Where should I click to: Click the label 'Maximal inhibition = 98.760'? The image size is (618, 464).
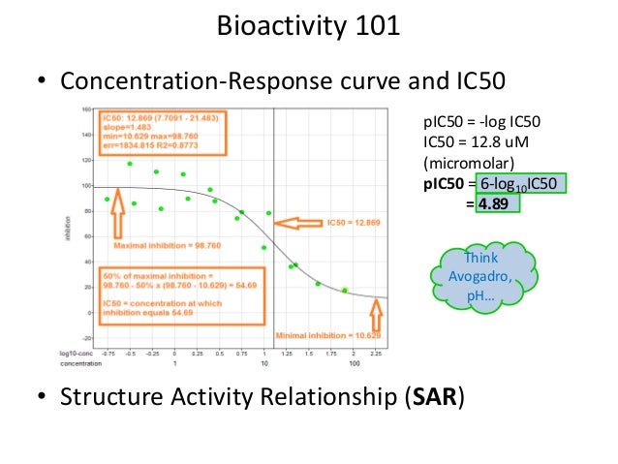(x=167, y=245)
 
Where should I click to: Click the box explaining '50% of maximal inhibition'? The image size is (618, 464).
(x=170, y=294)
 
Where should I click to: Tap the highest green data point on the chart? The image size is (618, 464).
(x=130, y=164)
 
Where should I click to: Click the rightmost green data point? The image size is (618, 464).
(x=345, y=290)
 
